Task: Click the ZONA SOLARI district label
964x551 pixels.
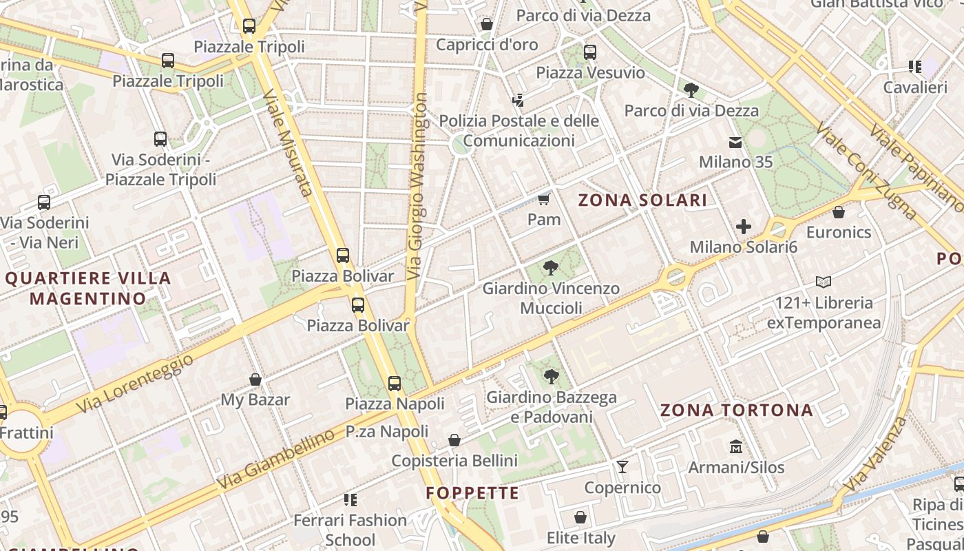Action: click(642, 200)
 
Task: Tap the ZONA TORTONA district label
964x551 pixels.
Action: click(737, 410)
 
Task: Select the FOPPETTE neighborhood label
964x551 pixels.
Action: click(472, 493)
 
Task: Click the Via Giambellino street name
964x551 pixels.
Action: click(276, 459)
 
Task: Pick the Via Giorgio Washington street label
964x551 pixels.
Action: click(417, 186)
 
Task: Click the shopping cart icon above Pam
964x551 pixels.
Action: click(544, 200)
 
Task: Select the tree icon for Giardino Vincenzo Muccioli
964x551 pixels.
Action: click(550, 268)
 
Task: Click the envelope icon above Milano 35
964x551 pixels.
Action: click(735, 143)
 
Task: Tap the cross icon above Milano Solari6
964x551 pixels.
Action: click(744, 226)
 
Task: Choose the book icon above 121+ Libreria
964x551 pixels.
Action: click(824, 282)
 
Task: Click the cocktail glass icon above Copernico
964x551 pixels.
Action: click(622, 467)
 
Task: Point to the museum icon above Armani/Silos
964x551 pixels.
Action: click(736, 447)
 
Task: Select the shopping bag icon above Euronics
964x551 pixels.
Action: click(839, 212)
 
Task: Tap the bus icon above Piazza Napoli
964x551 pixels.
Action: click(395, 384)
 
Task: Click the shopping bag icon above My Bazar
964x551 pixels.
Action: click(255, 380)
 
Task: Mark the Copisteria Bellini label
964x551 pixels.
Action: click(454, 460)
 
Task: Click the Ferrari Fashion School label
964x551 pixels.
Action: click(350, 530)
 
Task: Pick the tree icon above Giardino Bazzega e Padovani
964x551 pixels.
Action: click(551, 376)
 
